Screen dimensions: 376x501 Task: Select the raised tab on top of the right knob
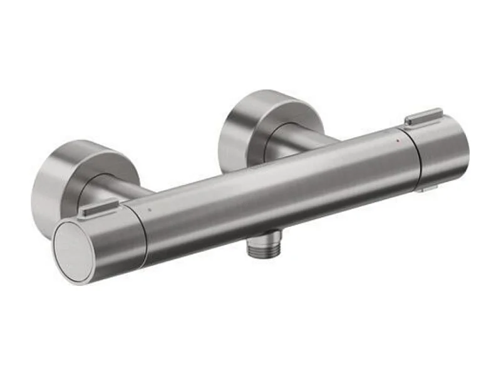424,117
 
